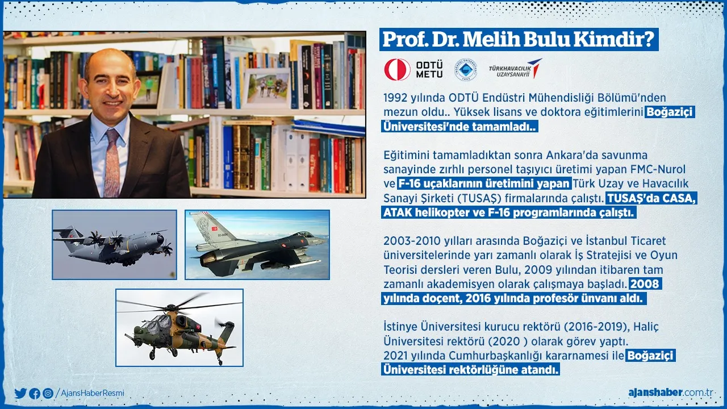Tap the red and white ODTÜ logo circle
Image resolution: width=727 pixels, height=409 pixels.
[x=397, y=69]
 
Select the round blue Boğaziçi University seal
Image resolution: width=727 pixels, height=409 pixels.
[x=466, y=70]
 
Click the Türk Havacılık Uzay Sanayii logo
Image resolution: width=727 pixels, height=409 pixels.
[x=515, y=69]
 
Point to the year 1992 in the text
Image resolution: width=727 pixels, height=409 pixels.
[x=395, y=98]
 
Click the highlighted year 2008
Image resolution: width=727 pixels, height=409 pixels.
[x=645, y=283]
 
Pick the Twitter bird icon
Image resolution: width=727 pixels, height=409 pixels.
[x=20, y=394]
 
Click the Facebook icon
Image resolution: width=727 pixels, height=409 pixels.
[x=35, y=394]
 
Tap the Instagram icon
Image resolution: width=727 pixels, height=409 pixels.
[x=48, y=394]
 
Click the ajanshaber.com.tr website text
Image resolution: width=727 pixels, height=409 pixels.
[x=671, y=393]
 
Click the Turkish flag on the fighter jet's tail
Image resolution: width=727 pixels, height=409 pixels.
[x=215, y=228]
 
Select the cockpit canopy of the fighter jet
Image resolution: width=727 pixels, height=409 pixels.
[x=303, y=235]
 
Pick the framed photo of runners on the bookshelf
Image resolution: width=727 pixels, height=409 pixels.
[x=266, y=88]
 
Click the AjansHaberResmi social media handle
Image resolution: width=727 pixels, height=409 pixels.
[x=93, y=393]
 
